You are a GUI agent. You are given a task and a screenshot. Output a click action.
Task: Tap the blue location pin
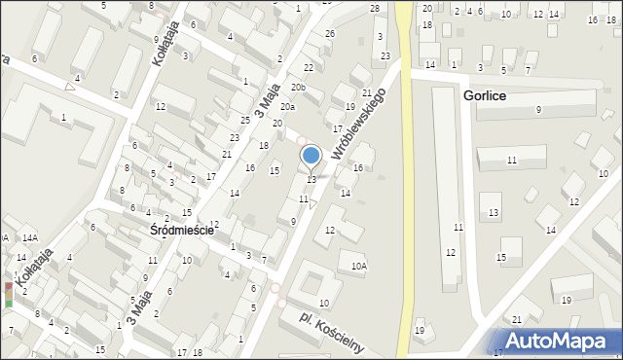[311, 155]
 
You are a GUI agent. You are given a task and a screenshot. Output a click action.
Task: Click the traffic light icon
[10, 295]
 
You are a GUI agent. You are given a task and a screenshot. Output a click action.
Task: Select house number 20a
[287, 106]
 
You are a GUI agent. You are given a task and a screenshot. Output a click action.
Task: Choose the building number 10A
[359, 266]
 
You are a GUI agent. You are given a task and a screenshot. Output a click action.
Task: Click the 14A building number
[30, 237]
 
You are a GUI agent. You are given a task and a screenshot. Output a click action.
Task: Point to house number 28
[375, 8]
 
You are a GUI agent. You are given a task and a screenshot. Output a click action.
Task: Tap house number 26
[330, 34]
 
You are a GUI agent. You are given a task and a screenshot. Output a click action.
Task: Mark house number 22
[309, 67]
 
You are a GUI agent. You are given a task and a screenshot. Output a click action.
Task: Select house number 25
[247, 120]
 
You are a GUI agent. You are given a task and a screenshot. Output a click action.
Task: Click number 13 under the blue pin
[311, 179]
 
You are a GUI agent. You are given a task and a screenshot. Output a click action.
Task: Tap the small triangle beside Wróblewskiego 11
[312, 204]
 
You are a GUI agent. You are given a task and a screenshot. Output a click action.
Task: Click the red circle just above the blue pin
[302, 140]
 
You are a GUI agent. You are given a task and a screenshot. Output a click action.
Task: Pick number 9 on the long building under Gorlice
[538, 109]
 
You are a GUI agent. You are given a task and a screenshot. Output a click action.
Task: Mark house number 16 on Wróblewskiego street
[358, 168]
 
